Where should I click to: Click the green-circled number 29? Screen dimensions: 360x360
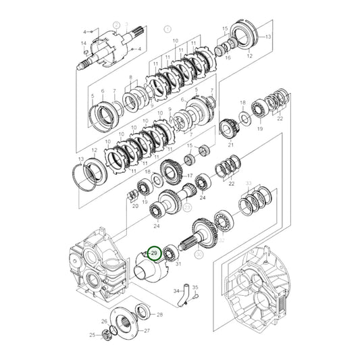click(154, 253)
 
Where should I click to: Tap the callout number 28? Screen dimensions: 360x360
click(159, 315)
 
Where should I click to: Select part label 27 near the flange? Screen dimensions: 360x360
click(147, 330)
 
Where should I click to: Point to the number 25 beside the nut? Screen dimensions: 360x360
click(93, 335)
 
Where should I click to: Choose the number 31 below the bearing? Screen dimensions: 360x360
click(179, 264)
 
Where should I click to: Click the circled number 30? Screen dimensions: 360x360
click(199, 255)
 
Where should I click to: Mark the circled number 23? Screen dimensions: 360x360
click(187, 207)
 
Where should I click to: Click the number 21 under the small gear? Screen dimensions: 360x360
click(230, 145)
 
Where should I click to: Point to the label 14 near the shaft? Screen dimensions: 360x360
click(84, 44)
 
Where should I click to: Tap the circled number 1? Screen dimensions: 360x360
click(169, 30)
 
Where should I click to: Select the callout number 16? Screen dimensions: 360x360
click(228, 59)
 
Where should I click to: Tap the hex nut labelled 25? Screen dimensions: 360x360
click(108, 336)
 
